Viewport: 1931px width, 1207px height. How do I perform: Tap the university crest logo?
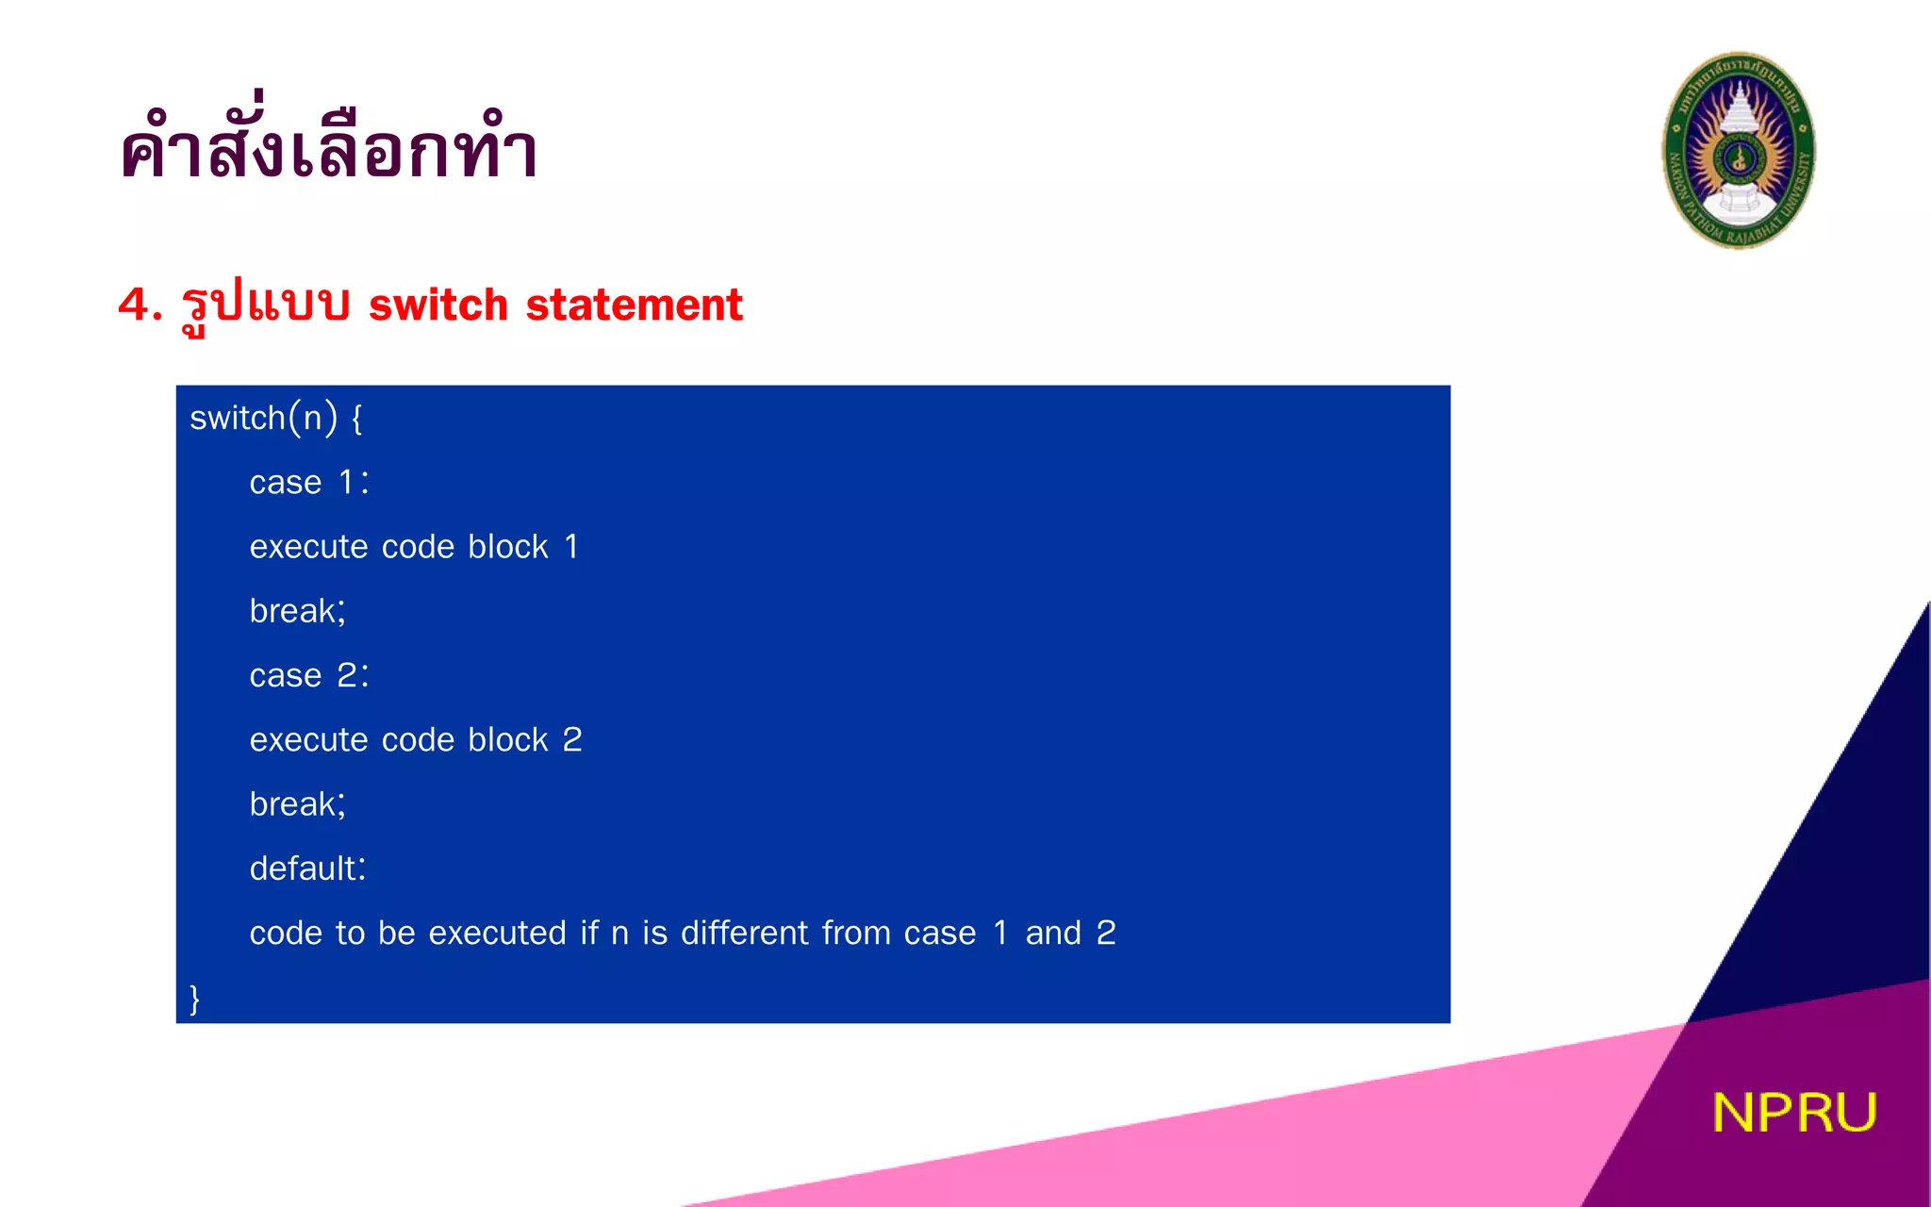tap(1738, 151)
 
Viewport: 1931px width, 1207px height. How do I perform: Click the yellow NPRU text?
tap(1793, 1113)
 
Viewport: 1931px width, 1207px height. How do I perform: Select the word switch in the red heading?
tap(437, 305)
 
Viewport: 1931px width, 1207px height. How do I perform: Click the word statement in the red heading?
tap(634, 305)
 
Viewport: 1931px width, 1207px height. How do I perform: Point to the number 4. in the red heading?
tap(140, 305)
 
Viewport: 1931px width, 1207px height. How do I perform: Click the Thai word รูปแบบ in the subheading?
tap(265, 305)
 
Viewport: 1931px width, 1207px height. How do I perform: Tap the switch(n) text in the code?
tap(263, 418)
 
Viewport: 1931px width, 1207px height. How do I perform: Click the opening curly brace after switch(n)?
tap(357, 419)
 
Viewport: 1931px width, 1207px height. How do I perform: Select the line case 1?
tap(308, 483)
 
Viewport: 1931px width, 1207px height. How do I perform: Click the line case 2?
tap(308, 675)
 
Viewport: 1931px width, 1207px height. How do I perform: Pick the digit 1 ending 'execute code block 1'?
tap(571, 547)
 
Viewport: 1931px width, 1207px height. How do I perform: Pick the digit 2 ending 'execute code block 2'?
tap(572, 740)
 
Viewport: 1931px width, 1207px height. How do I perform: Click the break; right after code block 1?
tap(297, 611)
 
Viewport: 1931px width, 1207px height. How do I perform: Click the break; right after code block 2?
tap(297, 804)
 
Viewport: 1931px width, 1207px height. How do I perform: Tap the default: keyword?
tap(307, 868)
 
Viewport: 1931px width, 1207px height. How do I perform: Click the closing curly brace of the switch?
tap(195, 998)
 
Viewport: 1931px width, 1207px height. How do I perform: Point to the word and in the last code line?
tap(1053, 933)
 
